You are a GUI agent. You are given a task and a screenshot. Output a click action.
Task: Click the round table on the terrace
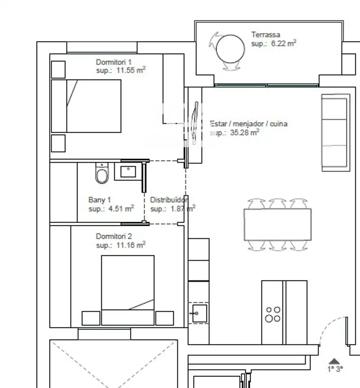pyautogui.click(x=230, y=49)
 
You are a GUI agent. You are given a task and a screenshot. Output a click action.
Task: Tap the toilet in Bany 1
pyautogui.click(x=102, y=173)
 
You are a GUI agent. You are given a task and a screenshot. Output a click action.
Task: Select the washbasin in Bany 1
pyautogui.click(x=128, y=171)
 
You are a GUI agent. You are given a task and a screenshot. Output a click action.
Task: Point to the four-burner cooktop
pyautogui.click(x=273, y=314)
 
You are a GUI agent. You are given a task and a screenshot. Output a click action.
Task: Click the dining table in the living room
pyautogui.click(x=277, y=225)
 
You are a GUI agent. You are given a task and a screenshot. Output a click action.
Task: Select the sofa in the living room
pyautogui.click(x=336, y=133)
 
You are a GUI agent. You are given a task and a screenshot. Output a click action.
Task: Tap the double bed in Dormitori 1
pyautogui.click(x=86, y=106)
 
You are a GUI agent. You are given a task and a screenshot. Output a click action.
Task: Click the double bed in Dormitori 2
pyautogui.click(x=128, y=290)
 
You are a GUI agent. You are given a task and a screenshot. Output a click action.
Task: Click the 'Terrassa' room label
pyautogui.click(x=266, y=34)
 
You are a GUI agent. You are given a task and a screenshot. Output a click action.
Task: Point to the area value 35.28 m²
pyautogui.click(x=244, y=132)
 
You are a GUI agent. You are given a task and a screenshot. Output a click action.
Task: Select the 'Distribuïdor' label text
pyautogui.click(x=169, y=200)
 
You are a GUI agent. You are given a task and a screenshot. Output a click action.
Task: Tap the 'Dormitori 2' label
pyautogui.click(x=114, y=236)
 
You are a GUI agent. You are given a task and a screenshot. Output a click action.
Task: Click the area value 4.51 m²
pyautogui.click(x=121, y=209)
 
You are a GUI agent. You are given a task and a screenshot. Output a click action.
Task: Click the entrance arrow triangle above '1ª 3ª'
pyautogui.click(x=335, y=361)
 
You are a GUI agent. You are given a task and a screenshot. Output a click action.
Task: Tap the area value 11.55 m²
pyautogui.click(x=131, y=70)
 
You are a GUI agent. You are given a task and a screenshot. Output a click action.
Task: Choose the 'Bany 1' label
pyautogui.click(x=99, y=200)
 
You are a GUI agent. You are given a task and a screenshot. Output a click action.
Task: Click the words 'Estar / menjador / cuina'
pyautogui.click(x=248, y=124)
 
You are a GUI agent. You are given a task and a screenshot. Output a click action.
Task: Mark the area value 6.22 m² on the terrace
pyautogui.click(x=284, y=43)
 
